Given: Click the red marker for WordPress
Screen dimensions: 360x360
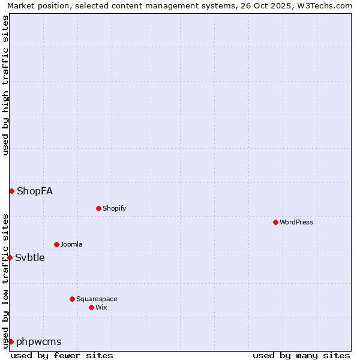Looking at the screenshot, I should click(x=275, y=222).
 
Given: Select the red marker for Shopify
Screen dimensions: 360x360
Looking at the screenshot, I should click(x=98, y=208).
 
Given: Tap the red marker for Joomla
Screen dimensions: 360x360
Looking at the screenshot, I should click(x=56, y=244).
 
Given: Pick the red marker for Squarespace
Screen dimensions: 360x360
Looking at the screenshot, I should click(x=72, y=299).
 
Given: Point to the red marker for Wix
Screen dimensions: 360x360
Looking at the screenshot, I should click(x=91, y=307).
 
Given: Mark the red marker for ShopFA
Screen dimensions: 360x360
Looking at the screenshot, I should click(x=11, y=191).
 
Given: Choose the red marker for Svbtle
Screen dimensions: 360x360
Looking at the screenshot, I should click(x=10, y=257).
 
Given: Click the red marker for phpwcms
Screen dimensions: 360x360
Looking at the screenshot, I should click(x=11, y=341).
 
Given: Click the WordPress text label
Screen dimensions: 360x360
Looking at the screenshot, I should click(x=296, y=222).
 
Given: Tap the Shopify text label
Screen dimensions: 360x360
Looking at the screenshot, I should click(x=114, y=208).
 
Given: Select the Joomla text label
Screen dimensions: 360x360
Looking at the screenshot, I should click(x=71, y=244).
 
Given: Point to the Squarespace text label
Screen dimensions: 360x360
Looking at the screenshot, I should click(x=97, y=299).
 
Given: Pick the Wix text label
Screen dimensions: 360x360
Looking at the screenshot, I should click(x=101, y=307).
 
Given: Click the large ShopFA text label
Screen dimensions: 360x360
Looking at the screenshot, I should click(x=35, y=191).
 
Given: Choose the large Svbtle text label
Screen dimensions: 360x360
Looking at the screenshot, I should click(x=30, y=257).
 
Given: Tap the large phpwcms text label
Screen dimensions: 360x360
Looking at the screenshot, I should click(x=39, y=341).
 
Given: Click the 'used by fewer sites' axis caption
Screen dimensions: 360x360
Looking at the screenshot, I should click(x=62, y=355).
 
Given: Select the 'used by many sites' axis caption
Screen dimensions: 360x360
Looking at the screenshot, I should click(x=301, y=355).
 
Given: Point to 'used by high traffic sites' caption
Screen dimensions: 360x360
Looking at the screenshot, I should click(x=5, y=86).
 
